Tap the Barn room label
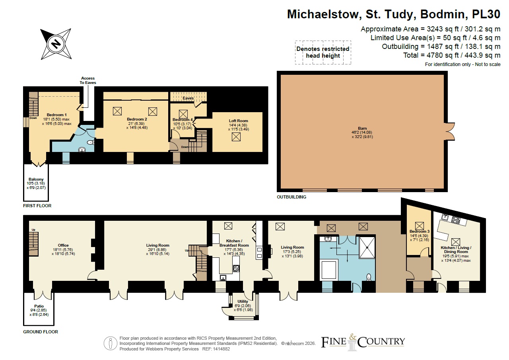point(362,128)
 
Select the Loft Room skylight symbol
point(236,137)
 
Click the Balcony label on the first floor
point(36,179)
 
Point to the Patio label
point(39,306)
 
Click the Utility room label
point(243,302)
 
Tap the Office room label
point(63,245)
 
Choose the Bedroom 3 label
point(420,232)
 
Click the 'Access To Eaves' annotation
point(88,80)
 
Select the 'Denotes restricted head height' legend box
point(323,53)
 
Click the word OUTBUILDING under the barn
point(291,197)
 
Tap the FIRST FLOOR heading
point(37,206)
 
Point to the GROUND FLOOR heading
point(41,332)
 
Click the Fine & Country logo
point(363,342)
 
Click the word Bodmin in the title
point(444,14)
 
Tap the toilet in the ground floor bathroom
point(369,277)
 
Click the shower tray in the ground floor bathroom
point(367,248)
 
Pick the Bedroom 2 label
point(137,119)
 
